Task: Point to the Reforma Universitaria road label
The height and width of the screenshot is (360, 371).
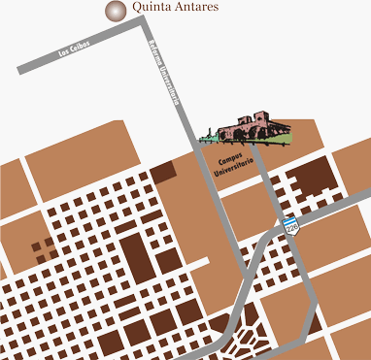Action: pos(165,72)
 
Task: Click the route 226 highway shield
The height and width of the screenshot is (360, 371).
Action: pos(290,226)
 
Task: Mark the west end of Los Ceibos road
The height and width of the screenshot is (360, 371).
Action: pos(21,70)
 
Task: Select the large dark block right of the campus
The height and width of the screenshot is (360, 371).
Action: pos(314,176)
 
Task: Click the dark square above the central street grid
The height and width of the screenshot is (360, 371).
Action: pos(162,173)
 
